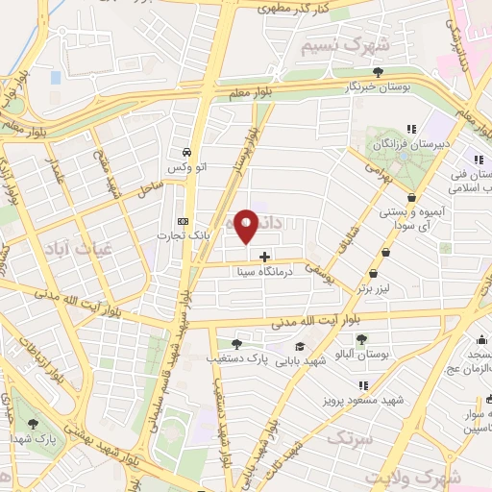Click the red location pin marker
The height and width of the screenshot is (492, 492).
click(247, 226)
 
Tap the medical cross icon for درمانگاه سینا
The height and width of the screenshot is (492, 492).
click(265, 257)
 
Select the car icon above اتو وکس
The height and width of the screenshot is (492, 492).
click(185, 152)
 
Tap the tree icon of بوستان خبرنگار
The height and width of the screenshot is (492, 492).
click(379, 71)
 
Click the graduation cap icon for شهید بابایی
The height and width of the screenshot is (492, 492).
click(301, 346)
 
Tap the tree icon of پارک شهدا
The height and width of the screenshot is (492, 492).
click(35, 423)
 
